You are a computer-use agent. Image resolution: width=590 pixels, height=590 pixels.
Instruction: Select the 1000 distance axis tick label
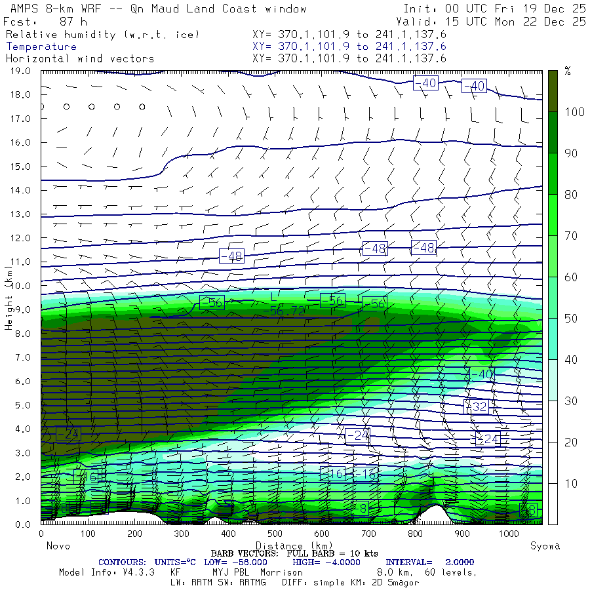tap(507, 534)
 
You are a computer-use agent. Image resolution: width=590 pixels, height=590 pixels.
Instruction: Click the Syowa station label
tap(545, 546)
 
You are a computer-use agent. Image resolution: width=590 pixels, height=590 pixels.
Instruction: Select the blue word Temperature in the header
tap(41, 47)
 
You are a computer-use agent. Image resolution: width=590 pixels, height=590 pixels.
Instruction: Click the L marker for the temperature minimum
tap(274, 298)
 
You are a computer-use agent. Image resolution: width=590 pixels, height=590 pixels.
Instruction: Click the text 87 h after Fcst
tap(73, 22)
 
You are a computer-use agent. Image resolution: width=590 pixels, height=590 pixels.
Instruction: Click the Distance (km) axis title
tap(288, 546)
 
